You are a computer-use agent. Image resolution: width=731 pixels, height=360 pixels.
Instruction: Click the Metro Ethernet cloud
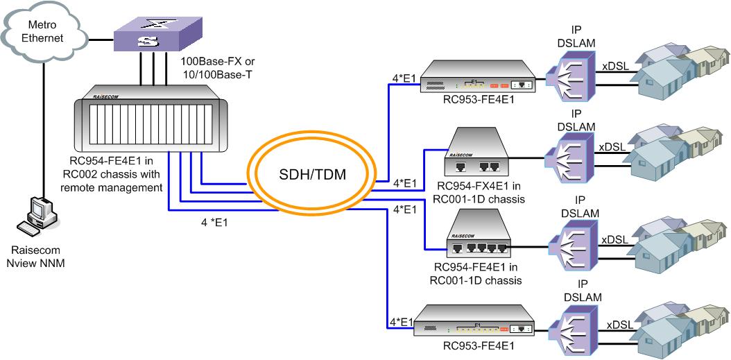pos(44,31)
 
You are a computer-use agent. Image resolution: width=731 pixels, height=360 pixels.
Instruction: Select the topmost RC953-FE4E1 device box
pos(479,79)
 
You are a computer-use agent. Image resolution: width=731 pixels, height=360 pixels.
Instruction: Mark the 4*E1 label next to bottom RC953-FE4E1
pos(401,322)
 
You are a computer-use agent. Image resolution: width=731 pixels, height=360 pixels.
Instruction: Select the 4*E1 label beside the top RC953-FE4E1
pos(404,79)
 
